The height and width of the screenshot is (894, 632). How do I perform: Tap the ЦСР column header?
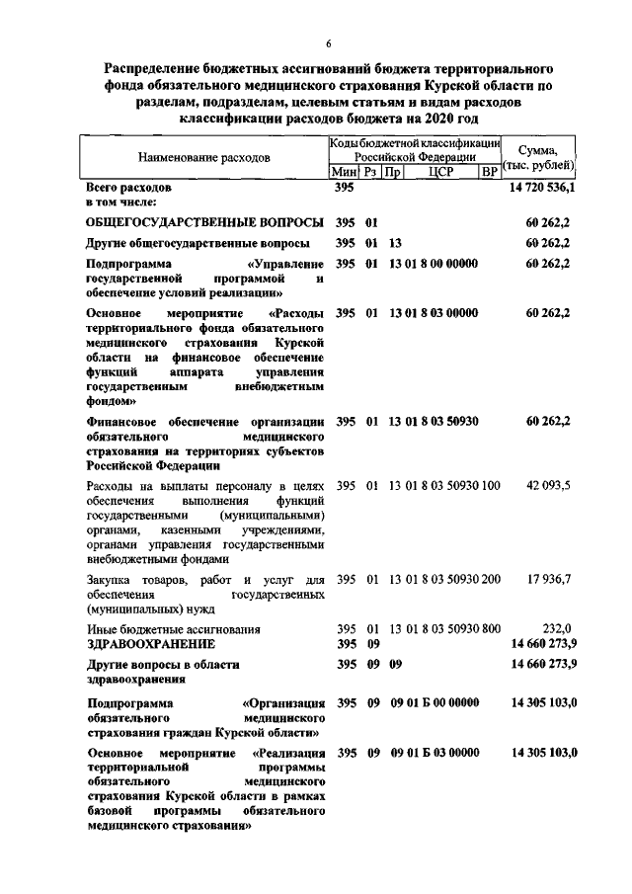pyautogui.click(x=440, y=172)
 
